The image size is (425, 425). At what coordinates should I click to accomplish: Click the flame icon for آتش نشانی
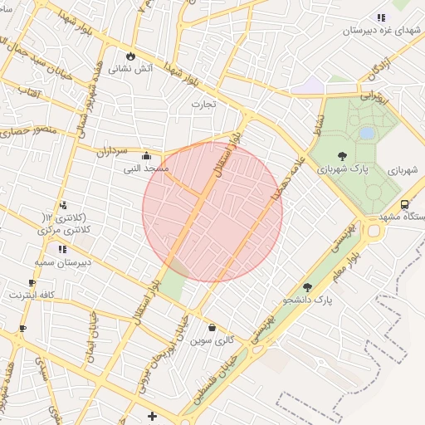(x=130, y=56)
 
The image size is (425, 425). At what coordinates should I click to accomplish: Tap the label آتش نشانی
(x=131, y=69)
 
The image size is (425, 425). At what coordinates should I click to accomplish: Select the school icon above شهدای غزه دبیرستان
(x=380, y=17)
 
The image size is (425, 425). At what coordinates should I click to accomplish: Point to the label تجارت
(x=203, y=105)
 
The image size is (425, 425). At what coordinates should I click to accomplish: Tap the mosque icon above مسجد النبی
(x=147, y=155)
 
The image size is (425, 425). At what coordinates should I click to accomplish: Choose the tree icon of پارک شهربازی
(x=342, y=155)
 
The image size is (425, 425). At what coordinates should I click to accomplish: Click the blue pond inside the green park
(x=367, y=133)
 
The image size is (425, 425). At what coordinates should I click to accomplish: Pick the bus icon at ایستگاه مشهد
(x=404, y=204)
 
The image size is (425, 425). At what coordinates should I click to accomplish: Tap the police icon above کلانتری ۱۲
(x=62, y=206)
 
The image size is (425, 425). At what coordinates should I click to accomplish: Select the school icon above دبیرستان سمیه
(x=61, y=248)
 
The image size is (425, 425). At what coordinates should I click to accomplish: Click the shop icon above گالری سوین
(x=212, y=328)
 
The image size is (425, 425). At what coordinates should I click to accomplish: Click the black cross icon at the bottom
(x=151, y=416)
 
